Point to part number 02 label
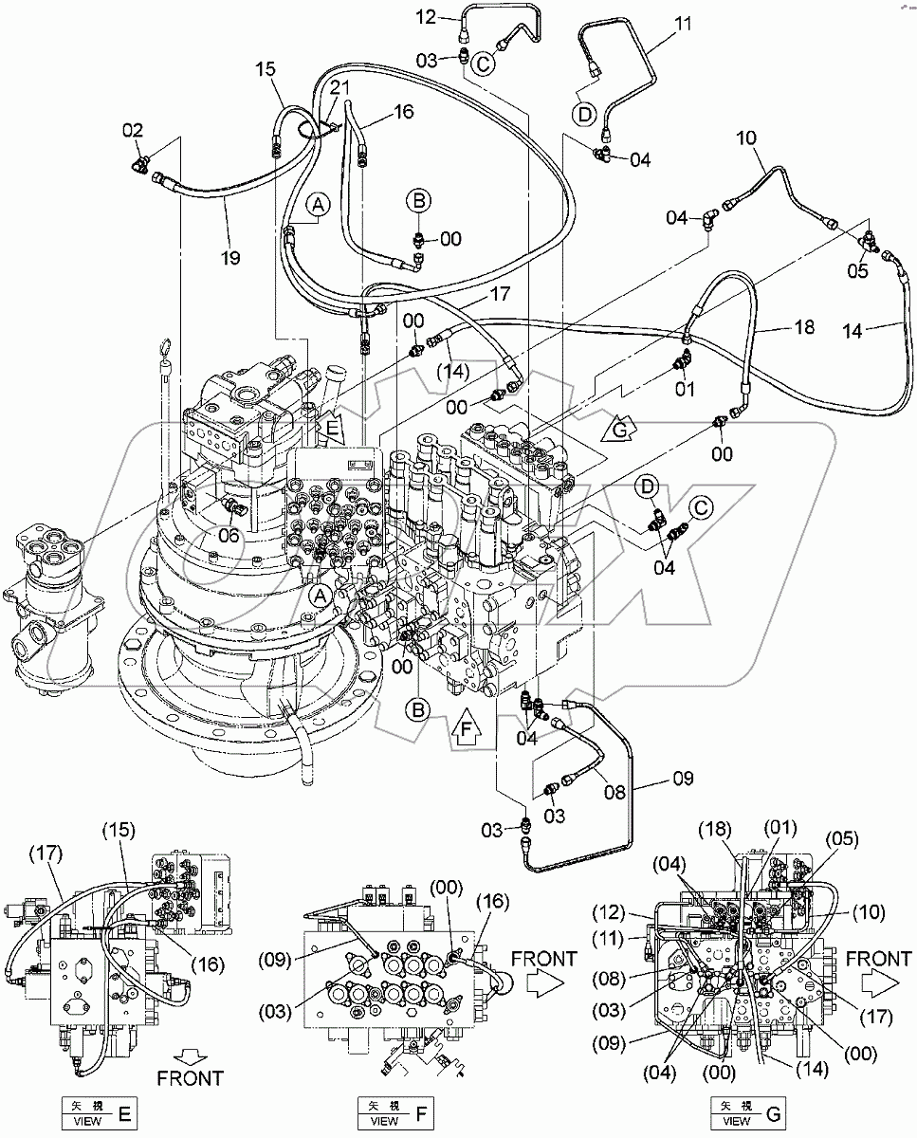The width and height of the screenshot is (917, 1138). [132, 130]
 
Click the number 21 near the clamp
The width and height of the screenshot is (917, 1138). [339, 87]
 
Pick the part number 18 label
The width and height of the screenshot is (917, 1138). [804, 327]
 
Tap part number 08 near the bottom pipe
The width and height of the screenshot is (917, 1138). [614, 790]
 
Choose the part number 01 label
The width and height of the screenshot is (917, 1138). [685, 388]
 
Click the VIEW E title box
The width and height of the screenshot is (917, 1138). [98, 1111]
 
